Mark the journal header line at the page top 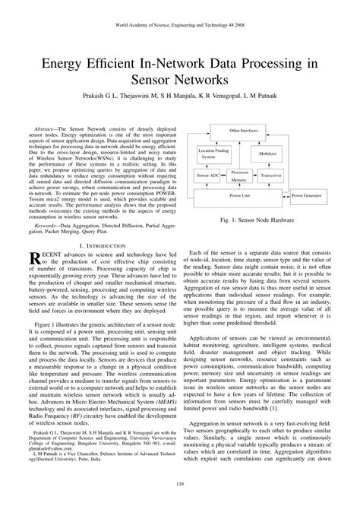pos(180,24)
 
